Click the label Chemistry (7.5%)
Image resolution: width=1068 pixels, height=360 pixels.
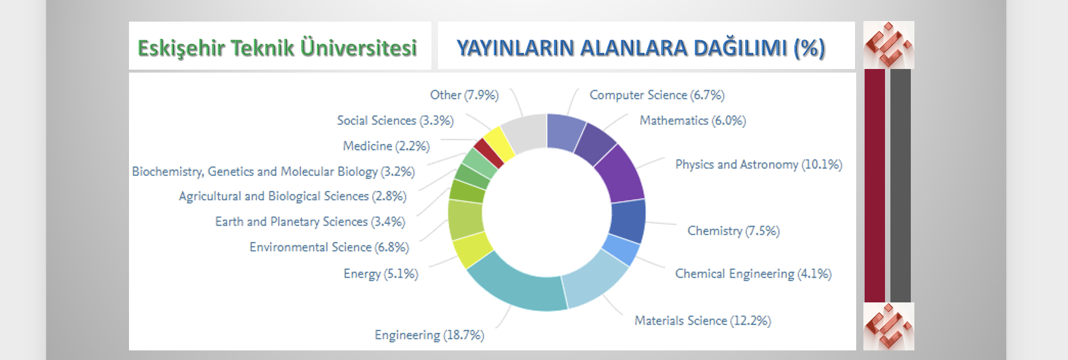pyautogui.click(x=733, y=231)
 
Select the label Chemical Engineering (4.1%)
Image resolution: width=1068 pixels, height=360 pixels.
pyautogui.click(x=753, y=274)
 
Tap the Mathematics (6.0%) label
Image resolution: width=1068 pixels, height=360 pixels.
pyautogui.click(x=692, y=121)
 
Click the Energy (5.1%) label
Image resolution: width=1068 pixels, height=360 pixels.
pyautogui.click(x=380, y=274)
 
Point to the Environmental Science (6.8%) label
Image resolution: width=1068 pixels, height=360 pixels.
pyautogui.click(x=329, y=247)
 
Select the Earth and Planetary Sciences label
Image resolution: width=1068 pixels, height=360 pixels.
pyautogui.click(x=310, y=222)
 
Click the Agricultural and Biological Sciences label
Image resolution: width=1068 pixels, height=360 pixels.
pyautogui.click(x=293, y=197)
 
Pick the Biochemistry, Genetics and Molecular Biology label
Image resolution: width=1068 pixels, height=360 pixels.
pyautogui.click(x=274, y=172)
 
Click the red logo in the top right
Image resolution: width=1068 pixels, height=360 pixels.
pyautogui.click(x=889, y=45)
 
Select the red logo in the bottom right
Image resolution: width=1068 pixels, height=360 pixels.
pyautogui.click(x=889, y=326)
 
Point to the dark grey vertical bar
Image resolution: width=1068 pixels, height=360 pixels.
pyautogui.click(x=901, y=185)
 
